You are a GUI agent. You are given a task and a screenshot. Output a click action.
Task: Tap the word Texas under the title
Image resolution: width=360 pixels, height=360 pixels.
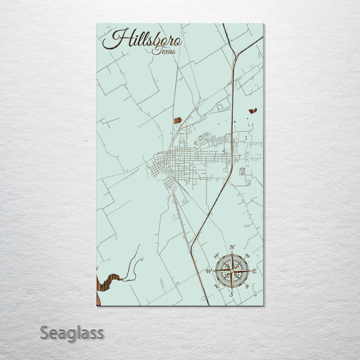(164, 51)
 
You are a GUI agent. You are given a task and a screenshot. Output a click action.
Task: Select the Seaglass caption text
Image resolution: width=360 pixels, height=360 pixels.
(72, 333)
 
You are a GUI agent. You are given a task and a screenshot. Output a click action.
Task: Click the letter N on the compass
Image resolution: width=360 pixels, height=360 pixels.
(232, 247)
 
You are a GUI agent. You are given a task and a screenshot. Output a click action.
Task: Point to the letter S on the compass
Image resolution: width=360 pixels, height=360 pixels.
(231, 294)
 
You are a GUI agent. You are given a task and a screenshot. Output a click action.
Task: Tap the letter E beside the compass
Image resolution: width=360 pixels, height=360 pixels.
(254, 271)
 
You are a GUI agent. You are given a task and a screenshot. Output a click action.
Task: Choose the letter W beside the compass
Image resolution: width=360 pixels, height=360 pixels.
(209, 271)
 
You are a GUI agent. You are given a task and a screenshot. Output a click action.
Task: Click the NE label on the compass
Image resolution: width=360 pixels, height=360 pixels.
(247, 256)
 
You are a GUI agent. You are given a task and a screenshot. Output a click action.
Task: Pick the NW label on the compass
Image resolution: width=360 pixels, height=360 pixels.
(216, 256)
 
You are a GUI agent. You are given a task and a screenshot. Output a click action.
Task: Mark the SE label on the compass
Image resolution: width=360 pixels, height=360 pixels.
(247, 286)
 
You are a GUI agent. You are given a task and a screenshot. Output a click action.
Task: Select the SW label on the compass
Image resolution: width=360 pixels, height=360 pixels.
(216, 286)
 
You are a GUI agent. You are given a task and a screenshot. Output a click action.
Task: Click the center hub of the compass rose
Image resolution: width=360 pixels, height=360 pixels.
(232, 271)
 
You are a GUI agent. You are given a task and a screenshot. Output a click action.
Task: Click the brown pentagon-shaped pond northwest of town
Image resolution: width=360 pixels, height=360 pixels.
(178, 120)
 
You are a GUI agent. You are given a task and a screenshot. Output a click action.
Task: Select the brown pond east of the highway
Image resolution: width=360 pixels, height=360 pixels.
(253, 111)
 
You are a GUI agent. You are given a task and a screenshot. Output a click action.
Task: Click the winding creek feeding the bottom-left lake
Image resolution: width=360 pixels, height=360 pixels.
(133, 267)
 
